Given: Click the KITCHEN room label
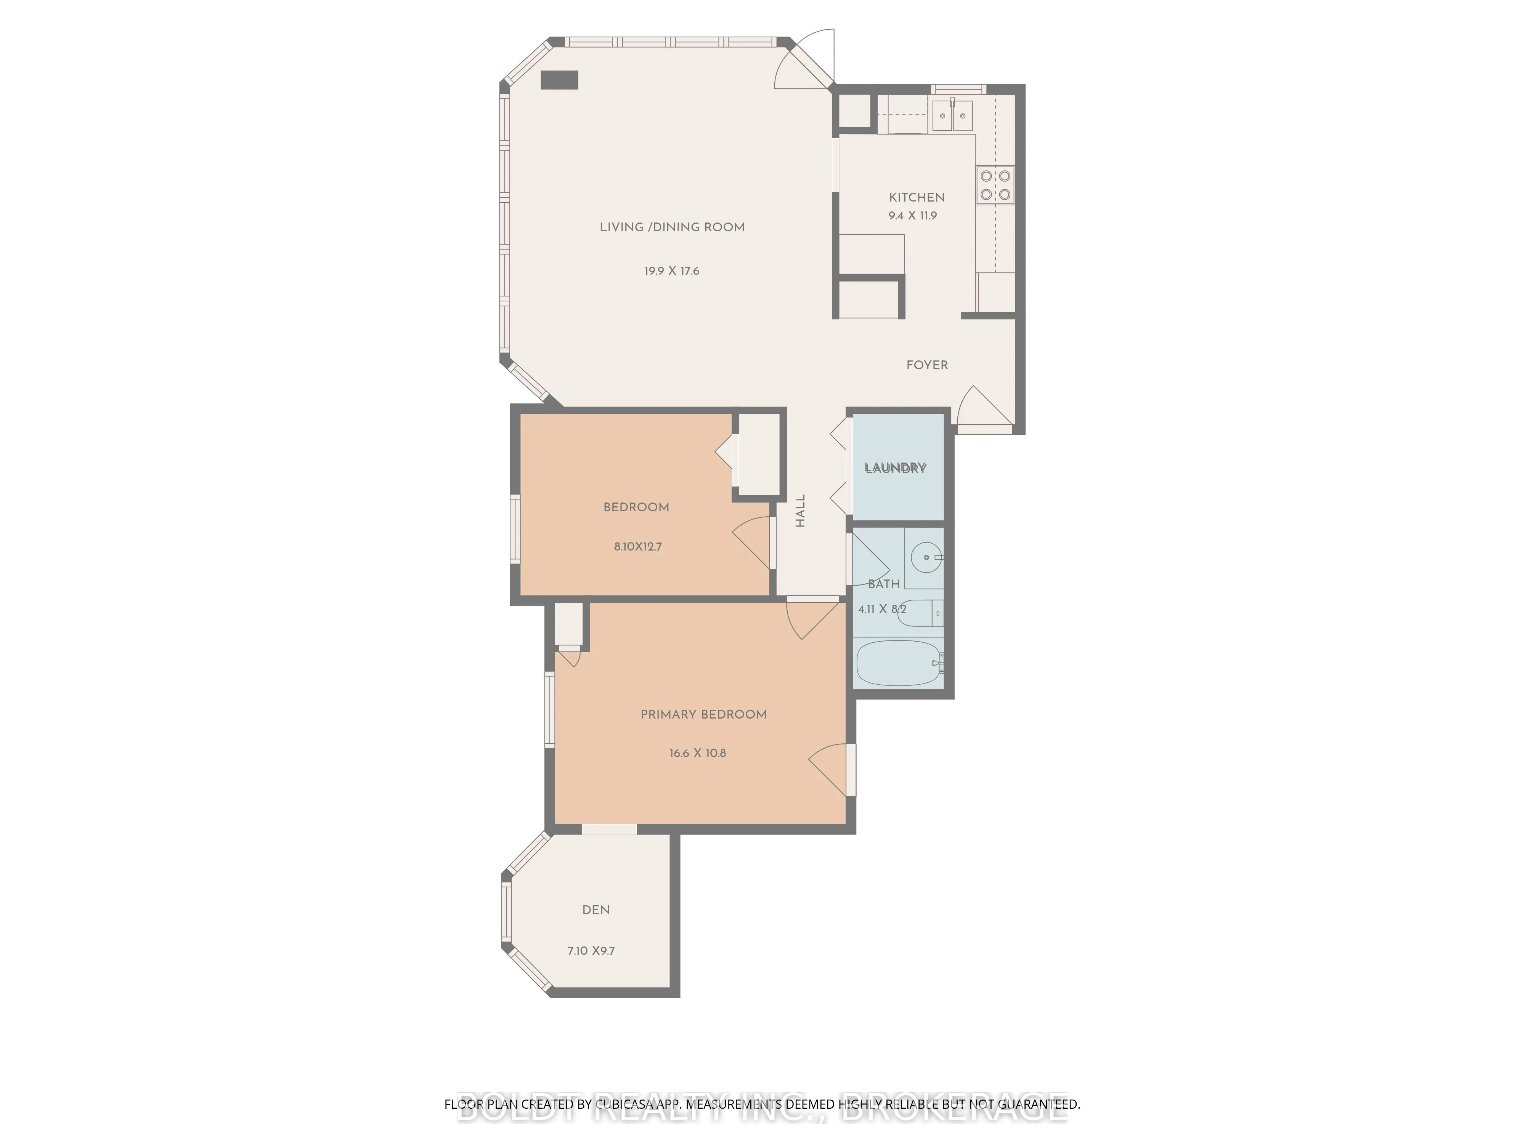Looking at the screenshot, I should tap(916, 197).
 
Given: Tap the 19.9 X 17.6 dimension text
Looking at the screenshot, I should tap(671, 271).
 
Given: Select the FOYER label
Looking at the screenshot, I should tap(926, 365).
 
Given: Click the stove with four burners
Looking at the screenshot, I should tap(995, 185).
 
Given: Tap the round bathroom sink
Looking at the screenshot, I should tap(926, 557).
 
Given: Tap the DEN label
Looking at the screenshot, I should tap(596, 910).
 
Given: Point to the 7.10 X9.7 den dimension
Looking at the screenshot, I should tap(591, 951).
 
